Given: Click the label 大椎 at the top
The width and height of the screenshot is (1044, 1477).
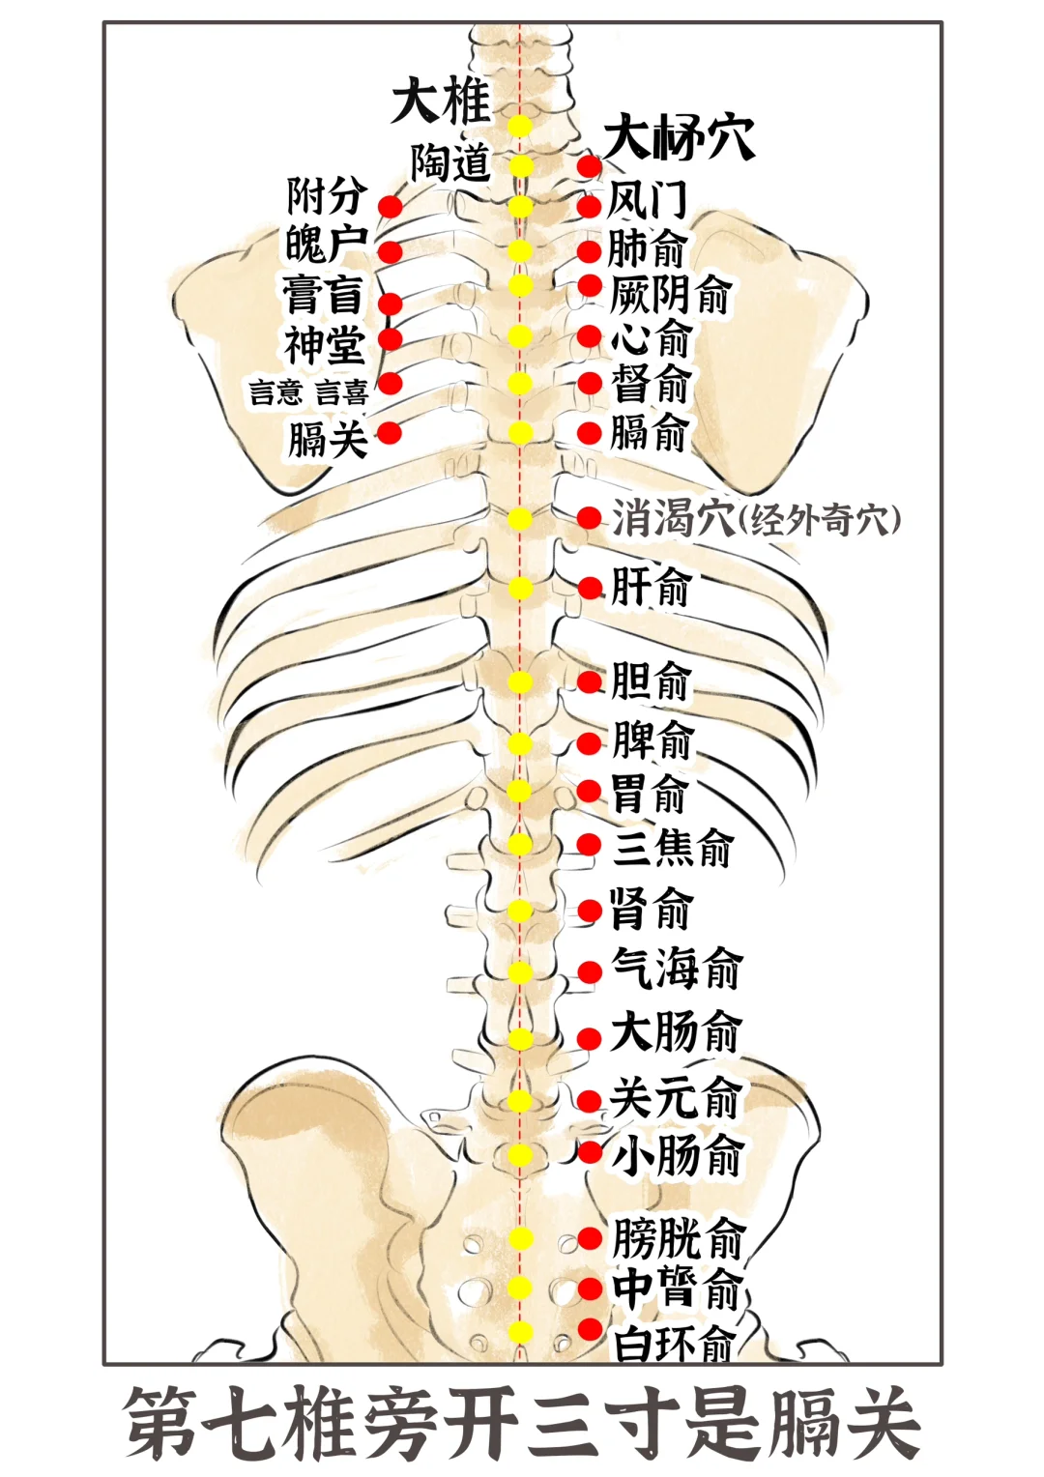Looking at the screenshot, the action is pyautogui.click(x=441, y=101).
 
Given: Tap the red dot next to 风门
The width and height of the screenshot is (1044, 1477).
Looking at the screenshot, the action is pyautogui.click(x=590, y=206).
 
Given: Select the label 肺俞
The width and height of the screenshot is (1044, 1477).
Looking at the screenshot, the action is pyautogui.click(x=647, y=248).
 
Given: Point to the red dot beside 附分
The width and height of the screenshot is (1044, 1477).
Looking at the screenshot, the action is pyautogui.click(x=390, y=206).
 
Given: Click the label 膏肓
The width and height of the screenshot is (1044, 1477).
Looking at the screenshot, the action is pyautogui.click(x=323, y=295).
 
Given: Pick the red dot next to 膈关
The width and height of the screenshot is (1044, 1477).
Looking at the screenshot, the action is pyautogui.click(x=390, y=432).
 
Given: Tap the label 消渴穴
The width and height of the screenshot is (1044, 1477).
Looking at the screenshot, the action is pyautogui.click(x=673, y=519).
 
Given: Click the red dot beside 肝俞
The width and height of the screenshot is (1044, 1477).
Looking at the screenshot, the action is pyautogui.click(x=590, y=587).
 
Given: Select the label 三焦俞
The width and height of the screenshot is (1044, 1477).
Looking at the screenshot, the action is pyautogui.click(x=673, y=848).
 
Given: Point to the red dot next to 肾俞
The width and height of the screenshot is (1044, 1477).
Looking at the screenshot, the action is pyautogui.click(x=590, y=910).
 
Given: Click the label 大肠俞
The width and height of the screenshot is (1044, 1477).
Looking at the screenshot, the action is pyautogui.click(x=676, y=1031).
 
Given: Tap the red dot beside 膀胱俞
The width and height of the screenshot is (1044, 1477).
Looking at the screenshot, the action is pyautogui.click(x=590, y=1238).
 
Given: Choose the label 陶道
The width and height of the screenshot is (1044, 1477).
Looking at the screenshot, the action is pyautogui.click(x=450, y=162).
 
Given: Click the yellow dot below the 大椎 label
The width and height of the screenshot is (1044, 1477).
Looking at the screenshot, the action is pyautogui.click(x=521, y=126).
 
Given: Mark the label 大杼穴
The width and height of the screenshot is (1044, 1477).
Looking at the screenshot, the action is pyautogui.click(x=679, y=137).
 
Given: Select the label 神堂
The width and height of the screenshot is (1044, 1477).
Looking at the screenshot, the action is pyautogui.click(x=324, y=345).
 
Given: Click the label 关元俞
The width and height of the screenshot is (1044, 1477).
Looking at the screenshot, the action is pyautogui.click(x=675, y=1098).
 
